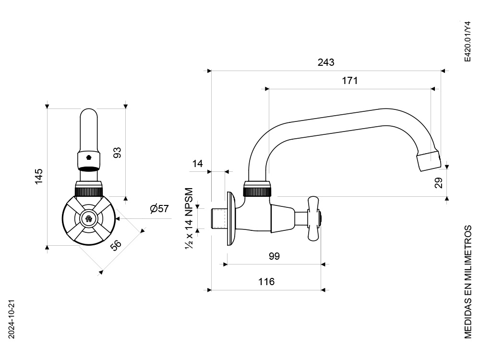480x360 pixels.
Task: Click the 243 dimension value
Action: pos(326,62)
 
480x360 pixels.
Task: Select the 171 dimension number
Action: pos(349,81)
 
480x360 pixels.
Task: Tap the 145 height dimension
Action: pos(39,176)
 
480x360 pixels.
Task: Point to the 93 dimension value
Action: pos(117,153)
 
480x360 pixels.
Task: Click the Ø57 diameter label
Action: pos(159,209)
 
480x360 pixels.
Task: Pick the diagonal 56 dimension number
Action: pos(116,245)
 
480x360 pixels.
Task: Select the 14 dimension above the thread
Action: pos(197,164)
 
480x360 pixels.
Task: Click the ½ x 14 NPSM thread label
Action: pos(189,218)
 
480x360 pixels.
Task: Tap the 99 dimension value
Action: pos(274,256)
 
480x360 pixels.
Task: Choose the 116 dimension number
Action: pos(266,282)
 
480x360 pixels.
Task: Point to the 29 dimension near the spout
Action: pos(439,183)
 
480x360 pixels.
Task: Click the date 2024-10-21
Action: pos(12,319)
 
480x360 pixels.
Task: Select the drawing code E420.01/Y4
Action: pos(468,42)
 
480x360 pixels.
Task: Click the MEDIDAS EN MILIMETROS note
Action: pos(468,282)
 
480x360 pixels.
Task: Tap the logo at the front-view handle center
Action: pos(89,219)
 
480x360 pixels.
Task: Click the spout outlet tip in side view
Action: pos(429,161)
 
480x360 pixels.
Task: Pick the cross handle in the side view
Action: pos(314,218)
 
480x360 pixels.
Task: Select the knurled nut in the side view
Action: pos(257,189)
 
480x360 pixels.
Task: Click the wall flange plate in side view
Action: pos(231,218)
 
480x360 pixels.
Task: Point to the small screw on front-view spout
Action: pos(89,157)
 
